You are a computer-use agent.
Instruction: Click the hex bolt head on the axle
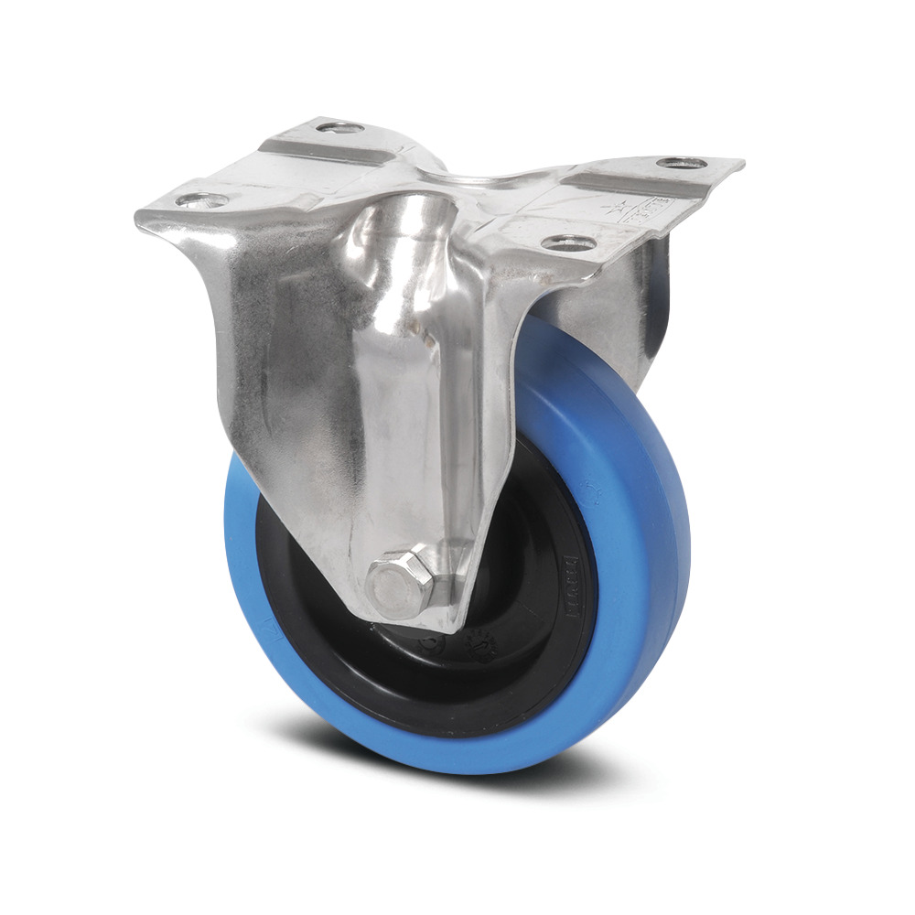point(396,578)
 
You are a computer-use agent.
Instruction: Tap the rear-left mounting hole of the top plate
point(341,126)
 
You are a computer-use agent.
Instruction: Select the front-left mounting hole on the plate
point(199,199)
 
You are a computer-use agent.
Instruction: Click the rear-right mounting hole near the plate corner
point(682,164)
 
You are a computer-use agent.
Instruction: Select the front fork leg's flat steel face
point(265,366)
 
